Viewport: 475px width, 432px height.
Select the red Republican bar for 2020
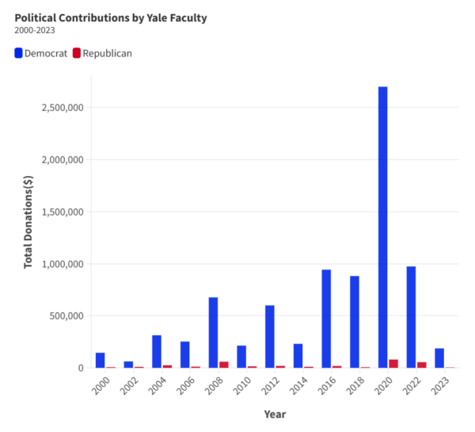(393, 364)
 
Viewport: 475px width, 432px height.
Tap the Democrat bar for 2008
(213, 332)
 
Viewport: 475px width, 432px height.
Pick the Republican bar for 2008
(224, 365)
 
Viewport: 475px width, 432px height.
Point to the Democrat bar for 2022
(411, 317)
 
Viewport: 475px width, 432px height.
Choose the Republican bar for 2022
(422, 365)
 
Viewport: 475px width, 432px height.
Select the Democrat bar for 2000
(100, 360)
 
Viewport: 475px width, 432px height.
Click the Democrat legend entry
(41, 53)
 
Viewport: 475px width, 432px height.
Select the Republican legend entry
(102, 53)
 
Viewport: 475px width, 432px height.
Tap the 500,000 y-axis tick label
(65, 316)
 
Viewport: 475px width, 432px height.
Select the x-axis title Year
(275, 414)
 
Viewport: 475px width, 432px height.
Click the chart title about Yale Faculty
(110, 17)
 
